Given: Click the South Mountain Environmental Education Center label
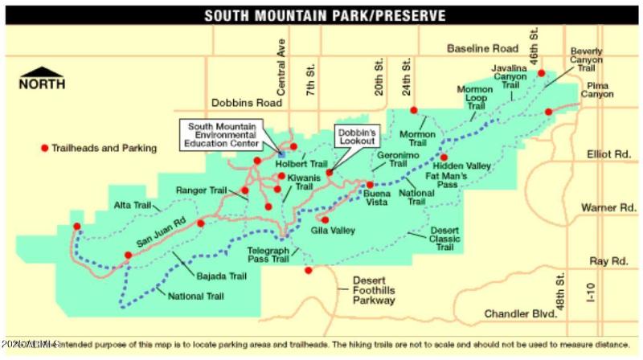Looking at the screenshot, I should click(224, 136).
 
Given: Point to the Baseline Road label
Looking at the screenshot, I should click(480, 49).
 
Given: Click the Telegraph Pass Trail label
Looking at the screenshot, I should click(267, 255).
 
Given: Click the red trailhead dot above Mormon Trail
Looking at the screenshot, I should click(414, 111).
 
